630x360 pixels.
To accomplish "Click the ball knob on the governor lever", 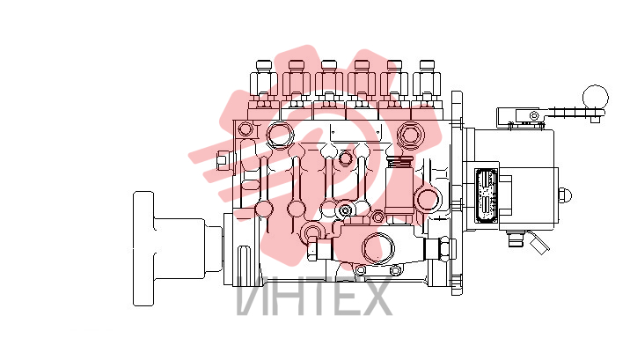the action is click(x=596, y=98).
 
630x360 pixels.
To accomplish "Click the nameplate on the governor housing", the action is click(x=487, y=195).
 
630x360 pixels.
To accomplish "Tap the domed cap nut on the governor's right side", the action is click(x=565, y=195).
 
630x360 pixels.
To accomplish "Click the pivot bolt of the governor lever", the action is click(x=534, y=115).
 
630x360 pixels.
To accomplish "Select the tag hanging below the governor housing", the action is click(x=539, y=245).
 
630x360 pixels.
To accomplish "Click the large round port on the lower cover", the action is click(x=378, y=248).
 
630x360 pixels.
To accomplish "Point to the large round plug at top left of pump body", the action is click(x=280, y=135).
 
